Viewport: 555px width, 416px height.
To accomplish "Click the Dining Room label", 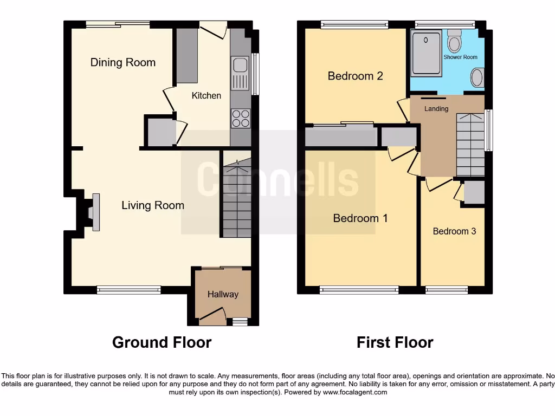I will pyautogui.click(x=122, y=62).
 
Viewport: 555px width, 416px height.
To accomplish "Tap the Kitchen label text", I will pyautogui.click(x=206, y=95).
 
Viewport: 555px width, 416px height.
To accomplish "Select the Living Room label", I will pyautogui.click(x=152, y=205).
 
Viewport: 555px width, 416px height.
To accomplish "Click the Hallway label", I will pyautogui.click(x=223, y=294).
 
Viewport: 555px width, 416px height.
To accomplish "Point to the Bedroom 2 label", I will pyautogui.click(x=355, y=76).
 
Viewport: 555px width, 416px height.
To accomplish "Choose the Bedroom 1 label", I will pyautogui.click(x=360, y=218).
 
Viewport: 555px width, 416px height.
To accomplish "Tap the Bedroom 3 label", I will pyautogui.click(x=454, y=231).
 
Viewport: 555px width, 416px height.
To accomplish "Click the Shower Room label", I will pyautogui.click(x=460, y=57).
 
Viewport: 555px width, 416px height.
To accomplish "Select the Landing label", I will pyautogui.click(x=436, y=109).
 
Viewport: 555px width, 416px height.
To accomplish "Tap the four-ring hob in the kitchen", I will pyautogui.click(x=240, y=118).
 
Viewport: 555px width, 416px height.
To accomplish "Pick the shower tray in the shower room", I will pyautogui.click(x=427, y=53).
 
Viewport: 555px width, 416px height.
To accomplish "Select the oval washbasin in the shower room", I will pyautogui.click(x=477, y=77).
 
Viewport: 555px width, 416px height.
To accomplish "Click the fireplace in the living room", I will pyautogui.click(x=93, y=212).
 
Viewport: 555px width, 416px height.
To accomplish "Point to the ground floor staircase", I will pyautogui.click(x=236, y=200).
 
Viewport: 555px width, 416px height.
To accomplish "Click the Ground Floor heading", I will pyautogui.click(x=162, y=342).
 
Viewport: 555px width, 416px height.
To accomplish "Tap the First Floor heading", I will pyautogui.click(x=395, y=342).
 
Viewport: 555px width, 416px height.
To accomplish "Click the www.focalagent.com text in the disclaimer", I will pyautogui.click(x=355, y=392).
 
